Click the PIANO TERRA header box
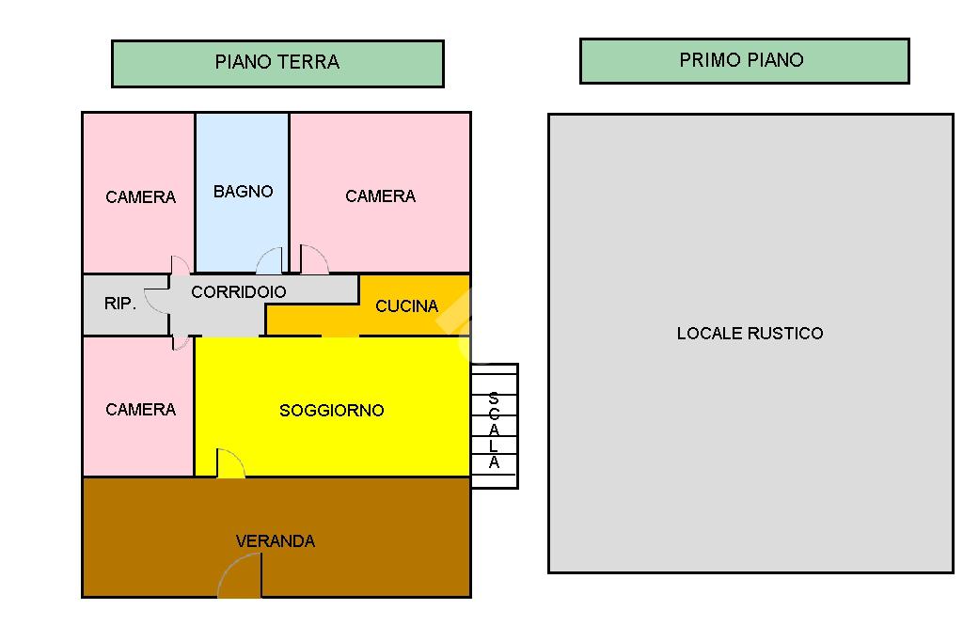point(277,64)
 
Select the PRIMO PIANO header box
point(745,61)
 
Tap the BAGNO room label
point(244,192)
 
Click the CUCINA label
point(406,305)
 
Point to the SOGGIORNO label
point(332,410)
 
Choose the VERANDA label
point(276,541)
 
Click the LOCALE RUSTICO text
point(750,334)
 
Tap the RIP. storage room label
point(119,304)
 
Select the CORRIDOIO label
point(238,291)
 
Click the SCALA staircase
point(495,426)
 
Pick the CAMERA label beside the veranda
point(141,410)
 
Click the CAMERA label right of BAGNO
point(380,196)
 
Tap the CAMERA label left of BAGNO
point(141,197)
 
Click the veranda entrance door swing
point(241,574)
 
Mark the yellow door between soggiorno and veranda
point(230,463)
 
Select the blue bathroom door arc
point(269,260)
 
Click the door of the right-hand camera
point(314,259)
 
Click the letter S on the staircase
point(494,399)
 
